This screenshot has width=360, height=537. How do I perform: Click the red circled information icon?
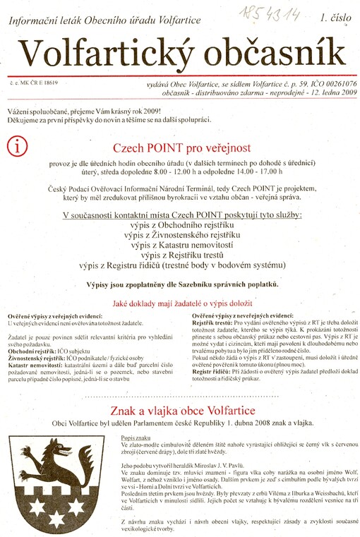click(16, 146)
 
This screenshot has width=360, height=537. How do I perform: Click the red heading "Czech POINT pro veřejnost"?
click(181, 148)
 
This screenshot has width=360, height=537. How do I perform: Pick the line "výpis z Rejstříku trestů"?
click(181, 255)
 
